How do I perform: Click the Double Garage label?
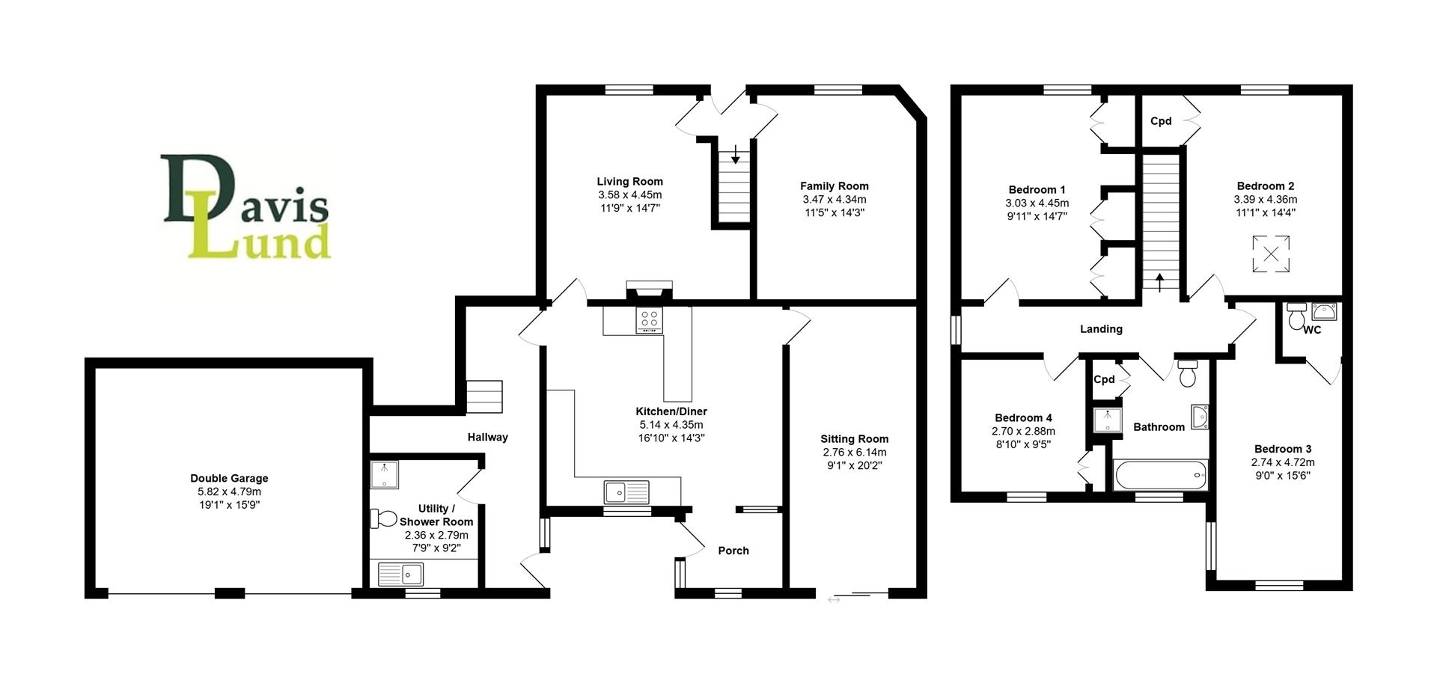pyautogui.click(x=229, y=478)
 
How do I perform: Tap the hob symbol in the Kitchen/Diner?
pyautogui.click(x=649, y=319)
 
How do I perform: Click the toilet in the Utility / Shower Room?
pyautogui.click(x=384, y=518)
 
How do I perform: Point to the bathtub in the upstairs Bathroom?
pyautogui.click(x=1160, y=474)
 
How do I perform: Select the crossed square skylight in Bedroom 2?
pyautogui.click(x=1271, y=254)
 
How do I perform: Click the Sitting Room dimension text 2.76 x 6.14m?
pyautogui.click(x=854, y=453)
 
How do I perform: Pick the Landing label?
pyautogui.click(x=1101, y=329)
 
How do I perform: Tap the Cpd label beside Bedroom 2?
pyautogui.click(x=1161, y=121)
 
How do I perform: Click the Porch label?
pyautogui.click(x=733, y=551)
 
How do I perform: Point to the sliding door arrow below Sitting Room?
pyautogui.click(x=834, y=599)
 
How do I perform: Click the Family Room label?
pyautogui.click(x=835, y=186)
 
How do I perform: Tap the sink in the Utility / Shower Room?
pyautogui.click(x=401, y=575)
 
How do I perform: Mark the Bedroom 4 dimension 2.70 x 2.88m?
pyautogui.click(x=1023, y=432)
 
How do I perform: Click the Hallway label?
pyautogui.click(x=488, y=437)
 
